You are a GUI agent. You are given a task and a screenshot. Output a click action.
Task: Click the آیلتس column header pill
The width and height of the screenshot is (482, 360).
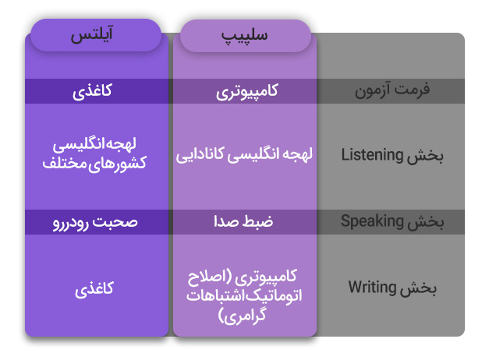96,35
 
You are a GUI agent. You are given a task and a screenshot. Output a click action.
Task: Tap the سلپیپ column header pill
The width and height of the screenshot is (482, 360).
246,36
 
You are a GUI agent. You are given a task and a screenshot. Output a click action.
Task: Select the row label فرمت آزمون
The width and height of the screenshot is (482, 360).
392,90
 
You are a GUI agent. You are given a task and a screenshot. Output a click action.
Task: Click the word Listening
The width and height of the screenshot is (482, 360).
372,155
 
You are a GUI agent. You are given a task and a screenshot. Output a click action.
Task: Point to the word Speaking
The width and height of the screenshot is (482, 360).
372,221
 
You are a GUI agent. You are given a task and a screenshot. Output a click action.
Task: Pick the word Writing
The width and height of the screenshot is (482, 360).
372,288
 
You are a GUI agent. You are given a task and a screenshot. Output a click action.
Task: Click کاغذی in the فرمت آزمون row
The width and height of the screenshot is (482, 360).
92,91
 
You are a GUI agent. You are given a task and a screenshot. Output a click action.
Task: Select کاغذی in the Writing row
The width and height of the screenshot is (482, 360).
94,289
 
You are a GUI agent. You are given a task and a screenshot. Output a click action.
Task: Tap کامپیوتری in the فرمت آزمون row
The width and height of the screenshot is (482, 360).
246,91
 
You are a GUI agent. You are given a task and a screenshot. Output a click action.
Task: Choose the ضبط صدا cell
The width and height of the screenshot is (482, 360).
243,221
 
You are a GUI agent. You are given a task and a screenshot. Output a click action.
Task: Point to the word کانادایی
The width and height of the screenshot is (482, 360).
200,154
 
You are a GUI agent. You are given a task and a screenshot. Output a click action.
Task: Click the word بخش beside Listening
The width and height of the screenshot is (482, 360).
425,156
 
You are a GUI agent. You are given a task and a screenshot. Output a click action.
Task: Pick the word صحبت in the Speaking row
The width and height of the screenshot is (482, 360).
115,222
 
